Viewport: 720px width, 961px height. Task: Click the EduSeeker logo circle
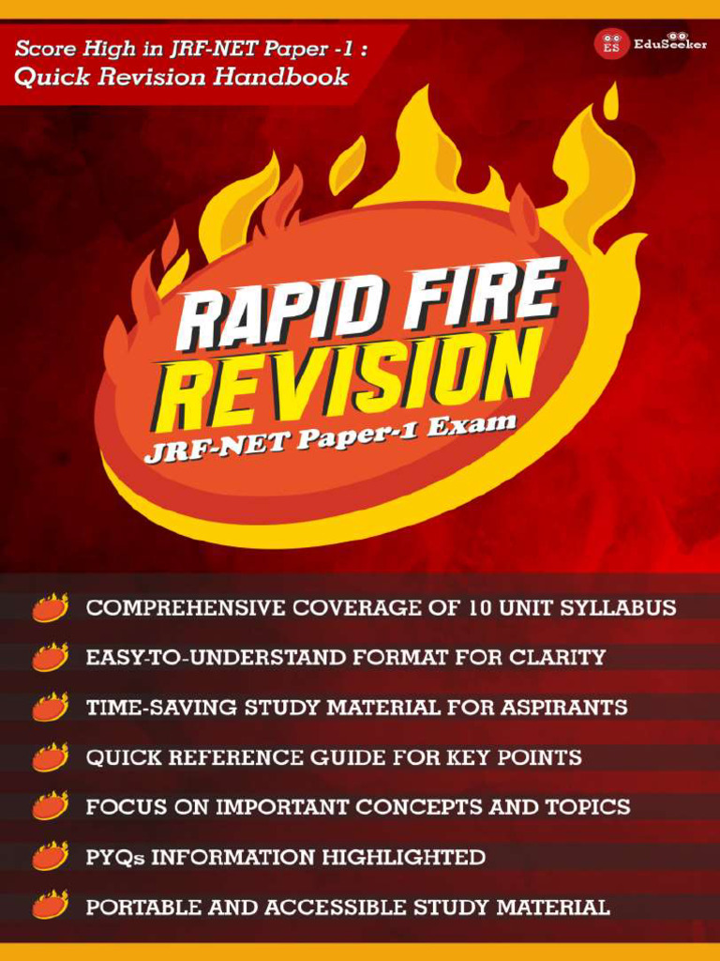point(611,44)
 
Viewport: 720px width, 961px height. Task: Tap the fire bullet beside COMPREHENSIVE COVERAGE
point(50,608)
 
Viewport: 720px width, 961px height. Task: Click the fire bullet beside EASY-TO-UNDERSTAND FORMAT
point(50,658)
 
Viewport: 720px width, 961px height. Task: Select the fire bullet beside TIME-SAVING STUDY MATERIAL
point(50,708)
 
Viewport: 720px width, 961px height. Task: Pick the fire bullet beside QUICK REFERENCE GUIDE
point(50,757)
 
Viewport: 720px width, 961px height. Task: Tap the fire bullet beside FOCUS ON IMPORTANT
point(50,807)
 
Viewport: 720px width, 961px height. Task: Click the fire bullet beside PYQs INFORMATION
point(50,857)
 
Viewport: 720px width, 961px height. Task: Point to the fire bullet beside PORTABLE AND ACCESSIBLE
point(50,907)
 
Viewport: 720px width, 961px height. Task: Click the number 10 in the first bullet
point(473,608)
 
